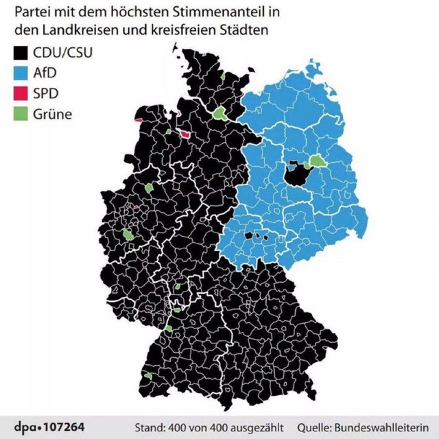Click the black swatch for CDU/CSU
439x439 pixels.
(21, 53)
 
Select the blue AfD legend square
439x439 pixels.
(21, 73)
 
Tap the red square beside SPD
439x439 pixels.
(21, 93)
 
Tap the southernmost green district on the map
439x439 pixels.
(149, 377)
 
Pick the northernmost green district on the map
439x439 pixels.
(224, 78)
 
